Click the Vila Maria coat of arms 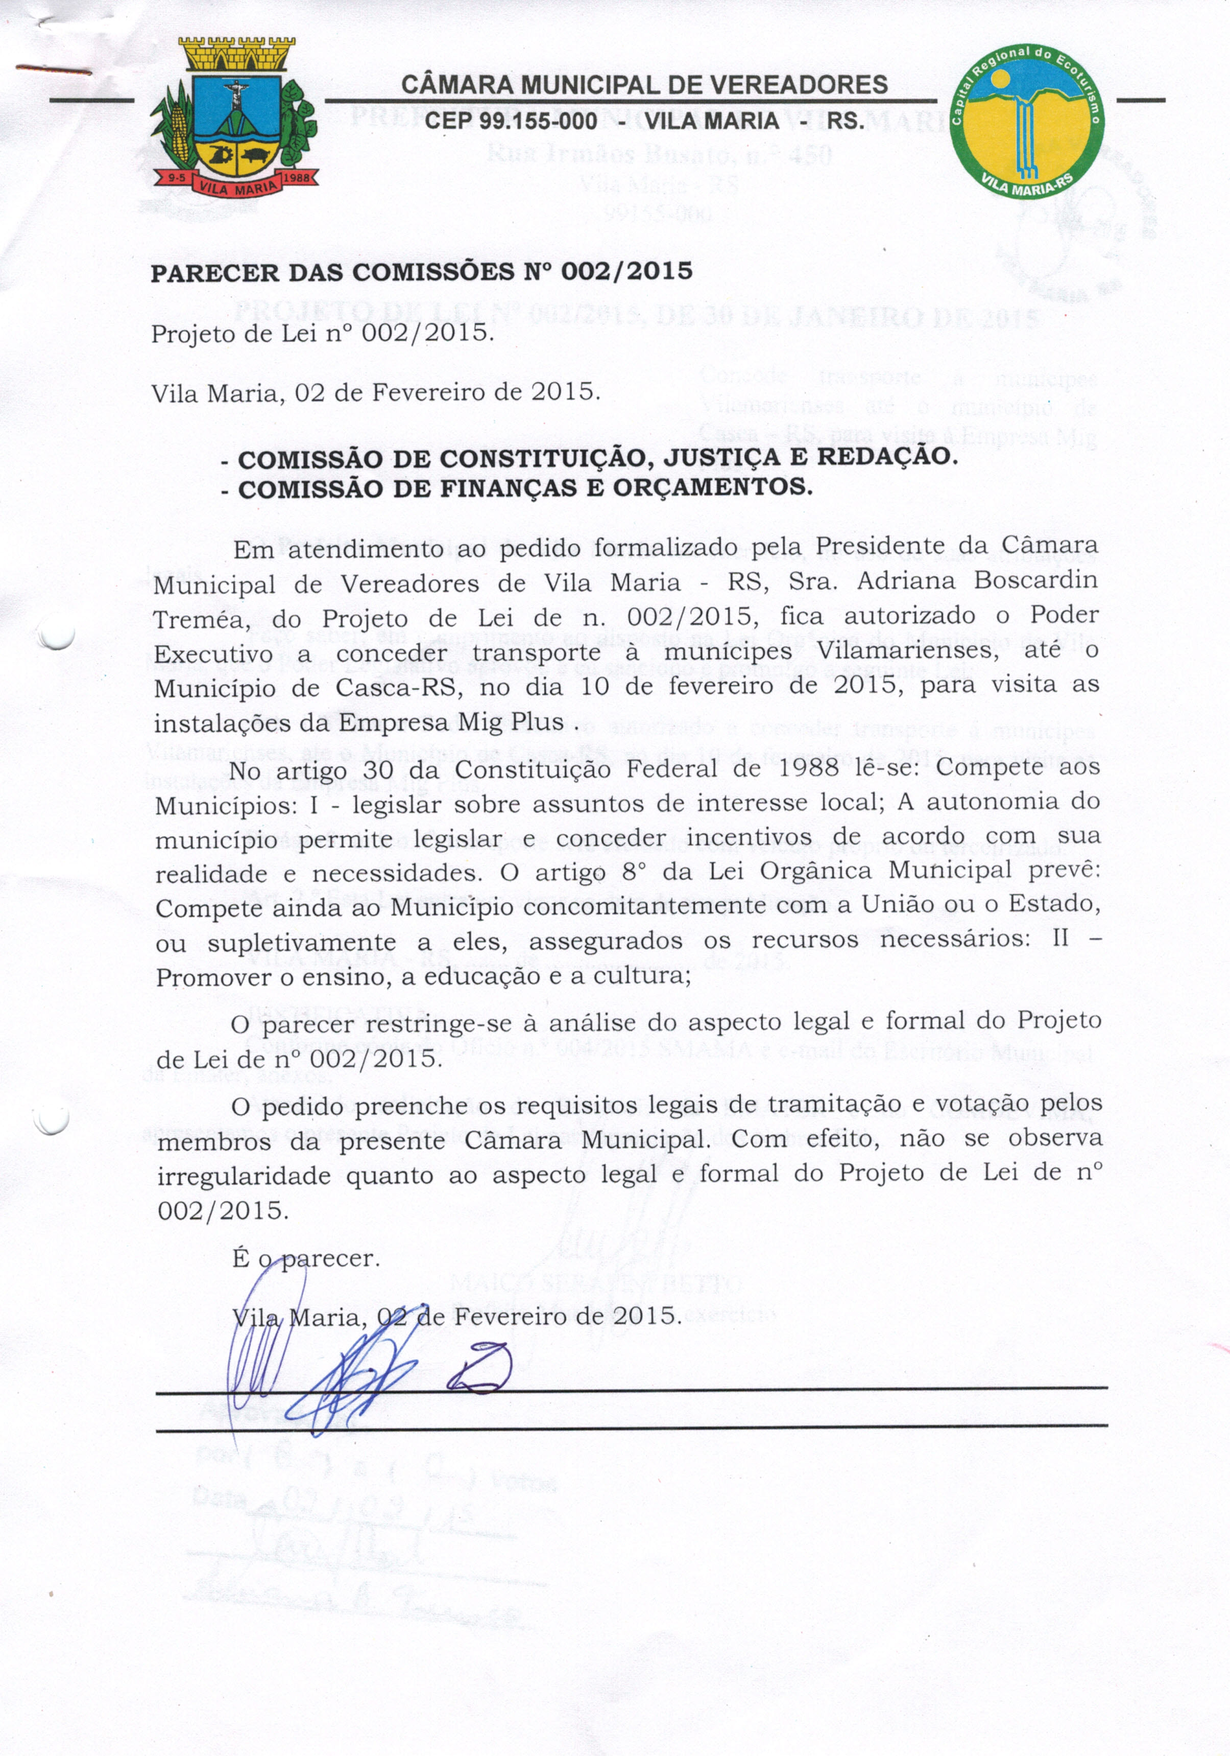234,119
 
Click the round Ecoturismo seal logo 1027,121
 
